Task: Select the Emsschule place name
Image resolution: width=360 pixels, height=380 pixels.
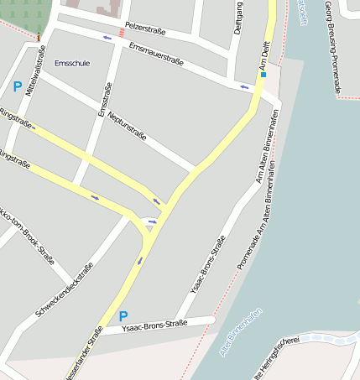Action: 71,63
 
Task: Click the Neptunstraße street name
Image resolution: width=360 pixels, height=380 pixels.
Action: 123,126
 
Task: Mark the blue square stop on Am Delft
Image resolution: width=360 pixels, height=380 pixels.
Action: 263,75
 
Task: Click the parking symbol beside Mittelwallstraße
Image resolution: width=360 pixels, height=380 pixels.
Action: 18,86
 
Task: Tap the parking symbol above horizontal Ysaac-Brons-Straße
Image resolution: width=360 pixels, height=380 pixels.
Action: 123,316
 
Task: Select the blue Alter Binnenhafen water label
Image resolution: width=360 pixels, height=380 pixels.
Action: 242,331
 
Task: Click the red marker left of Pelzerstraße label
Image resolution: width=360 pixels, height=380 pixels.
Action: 123,32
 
